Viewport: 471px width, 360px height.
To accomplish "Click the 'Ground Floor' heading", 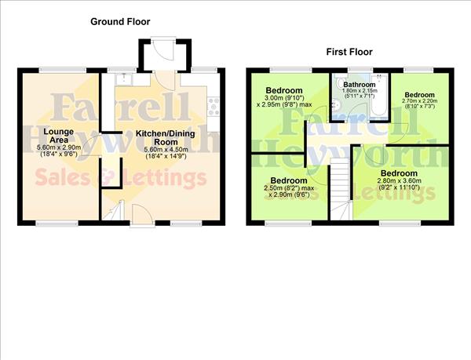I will click(120, 22).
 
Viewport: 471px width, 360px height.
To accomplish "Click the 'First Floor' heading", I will click(349, 52).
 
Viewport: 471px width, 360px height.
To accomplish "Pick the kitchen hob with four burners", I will click(214, 106).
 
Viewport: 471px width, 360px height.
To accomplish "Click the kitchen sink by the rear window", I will click(125, 79).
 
